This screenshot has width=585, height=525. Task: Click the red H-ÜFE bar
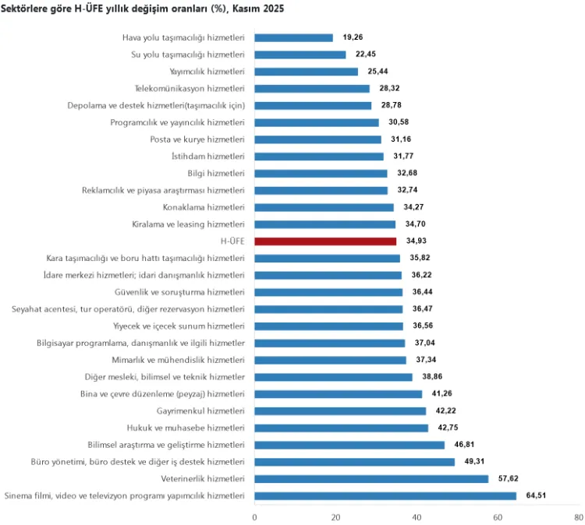(x=325, y=241)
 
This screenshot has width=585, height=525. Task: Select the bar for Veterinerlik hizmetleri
(x=371, y=479)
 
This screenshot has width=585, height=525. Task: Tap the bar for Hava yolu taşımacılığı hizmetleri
(x=293, y=37)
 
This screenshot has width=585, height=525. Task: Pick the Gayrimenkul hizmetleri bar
(x=340, y=411)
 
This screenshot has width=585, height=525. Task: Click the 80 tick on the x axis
(x=578, y=516)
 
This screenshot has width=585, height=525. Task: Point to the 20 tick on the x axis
(x=335, y=516)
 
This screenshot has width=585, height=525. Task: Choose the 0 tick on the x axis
(x=255, y=516)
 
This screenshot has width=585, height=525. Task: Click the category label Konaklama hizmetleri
(x=204, y=207)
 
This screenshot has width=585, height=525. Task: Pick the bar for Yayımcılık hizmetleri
(x=306, y=72)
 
